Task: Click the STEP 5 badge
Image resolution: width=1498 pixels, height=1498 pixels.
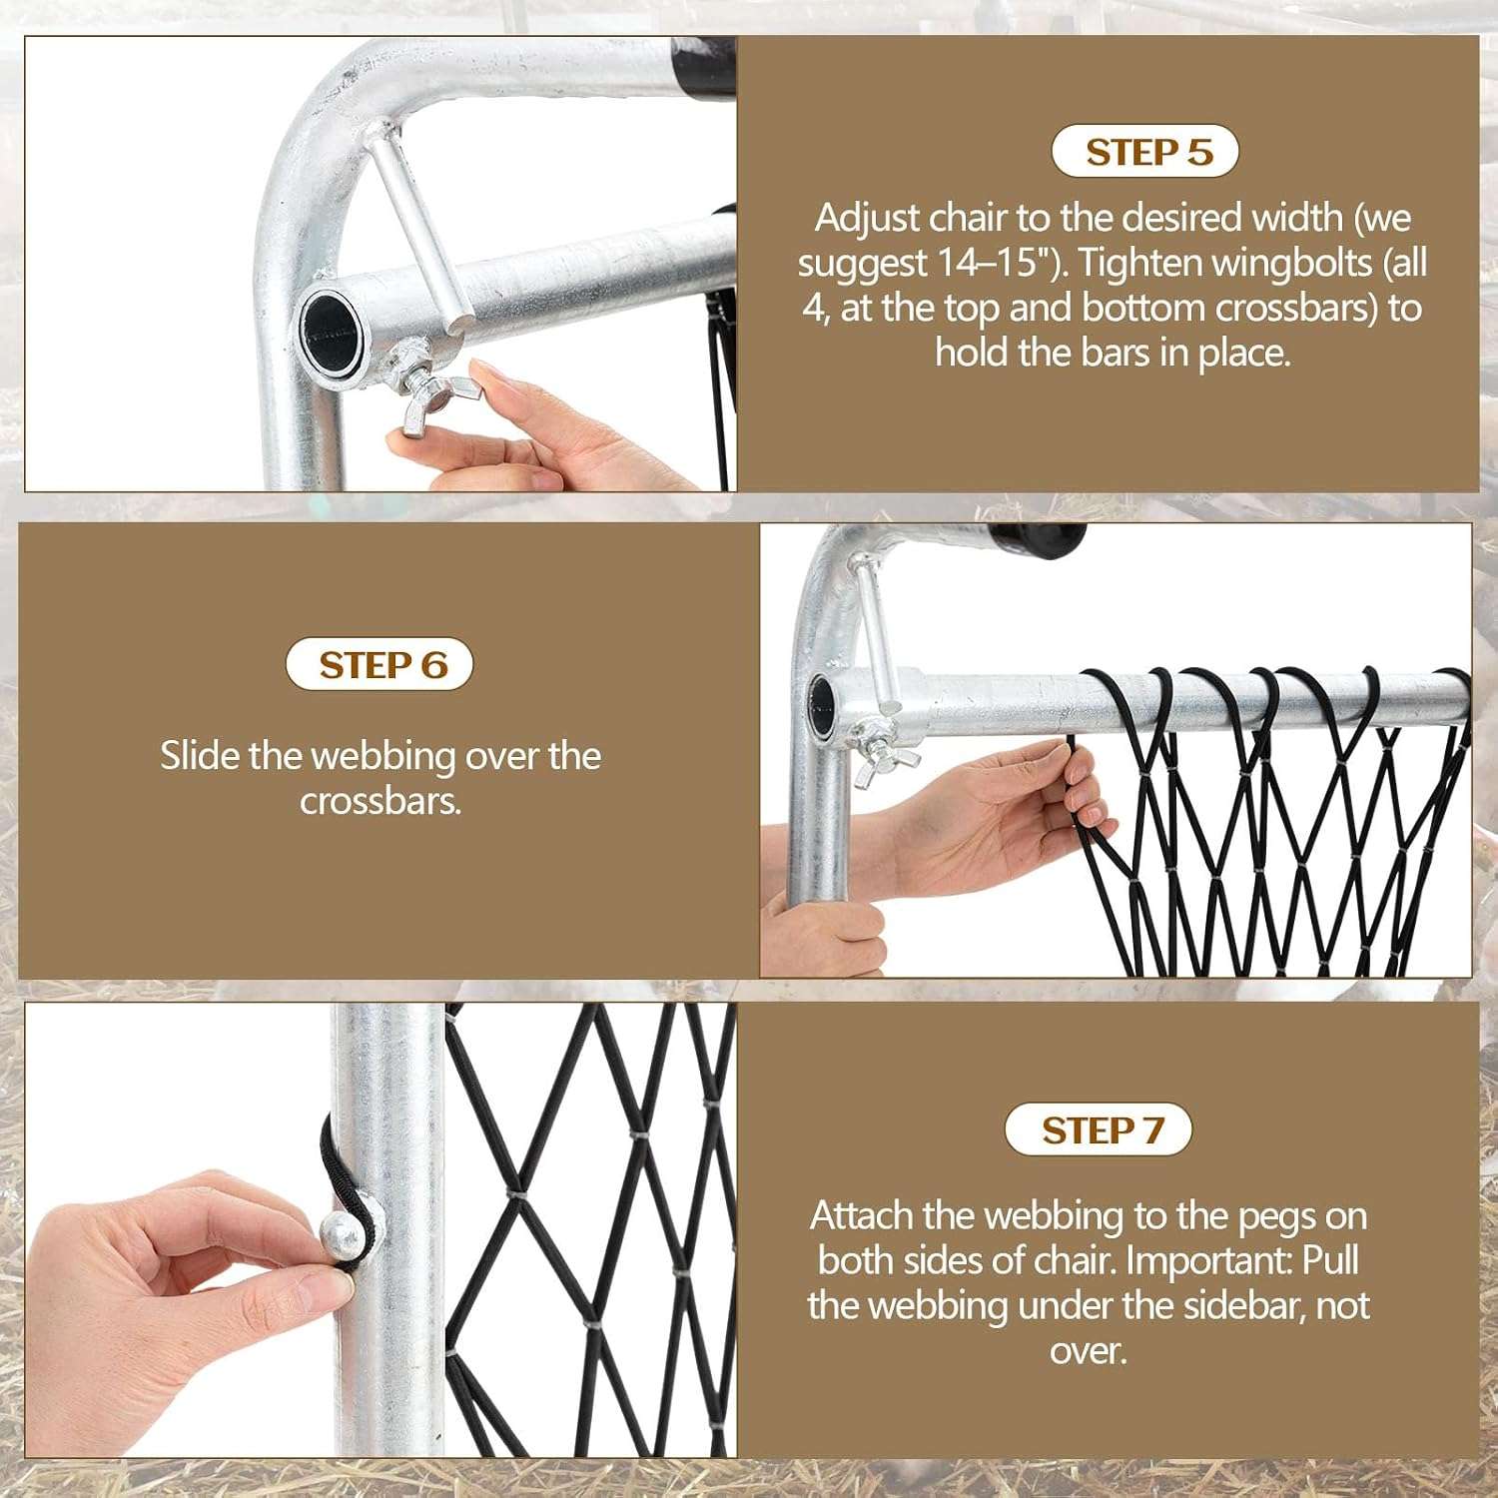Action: pyautogui.click(x=1145, y=152)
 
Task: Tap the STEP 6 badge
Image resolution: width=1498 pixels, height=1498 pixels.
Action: pyautogui.click(x=379, y=665)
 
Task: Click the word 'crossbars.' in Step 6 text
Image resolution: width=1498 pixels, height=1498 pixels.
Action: pyautogui.click(x=380, y=801)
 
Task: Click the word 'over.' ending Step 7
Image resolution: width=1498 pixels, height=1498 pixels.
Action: pyautogui.click(x=1088, y=1351)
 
